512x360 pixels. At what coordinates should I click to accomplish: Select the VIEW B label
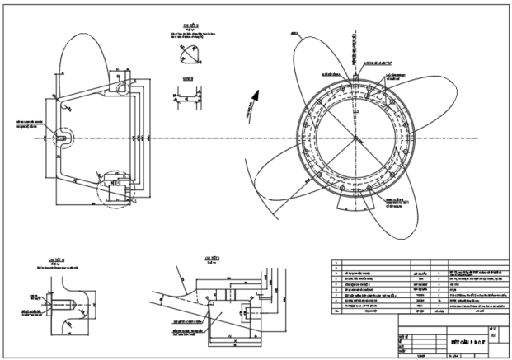(187, 80)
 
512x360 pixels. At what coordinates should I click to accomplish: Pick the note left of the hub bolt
(24, 125)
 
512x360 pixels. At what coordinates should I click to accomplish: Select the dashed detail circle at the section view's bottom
(115, 190)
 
